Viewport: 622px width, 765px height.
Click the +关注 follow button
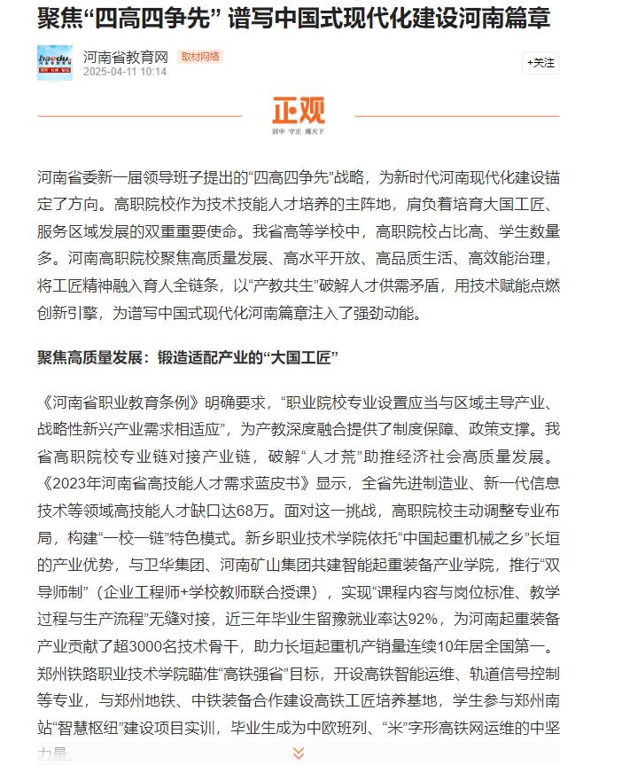click(540, 63)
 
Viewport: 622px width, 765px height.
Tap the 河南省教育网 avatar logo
click(54, 63)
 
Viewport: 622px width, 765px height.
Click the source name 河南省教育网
click(126, 57)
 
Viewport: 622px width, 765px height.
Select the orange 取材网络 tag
click(200, 57)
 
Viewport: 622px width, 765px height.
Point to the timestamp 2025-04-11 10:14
click(125, 72)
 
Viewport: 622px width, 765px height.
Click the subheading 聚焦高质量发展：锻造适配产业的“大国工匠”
click(189, 357)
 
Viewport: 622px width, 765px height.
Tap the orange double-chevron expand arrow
click(299, 753)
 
